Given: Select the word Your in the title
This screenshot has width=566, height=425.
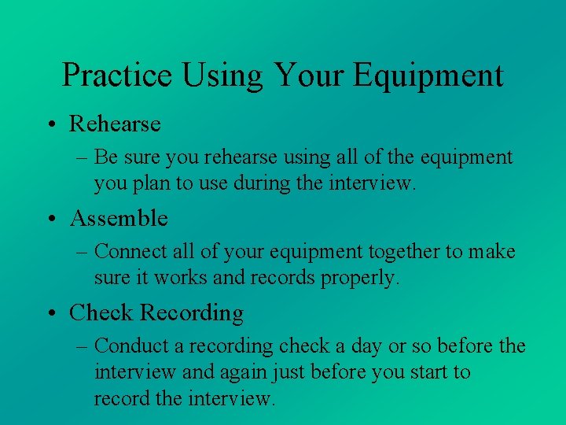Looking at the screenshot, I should point(308,76).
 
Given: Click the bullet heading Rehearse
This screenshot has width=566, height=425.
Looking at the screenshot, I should point(115,124).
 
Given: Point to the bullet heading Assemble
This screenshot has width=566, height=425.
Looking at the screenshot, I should point(119,218).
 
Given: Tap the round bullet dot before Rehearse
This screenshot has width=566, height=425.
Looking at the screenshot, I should point(51,124).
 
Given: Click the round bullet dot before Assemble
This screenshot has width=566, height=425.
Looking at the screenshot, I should point(51,218).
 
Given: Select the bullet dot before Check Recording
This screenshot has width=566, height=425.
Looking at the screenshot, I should point(51,313).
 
